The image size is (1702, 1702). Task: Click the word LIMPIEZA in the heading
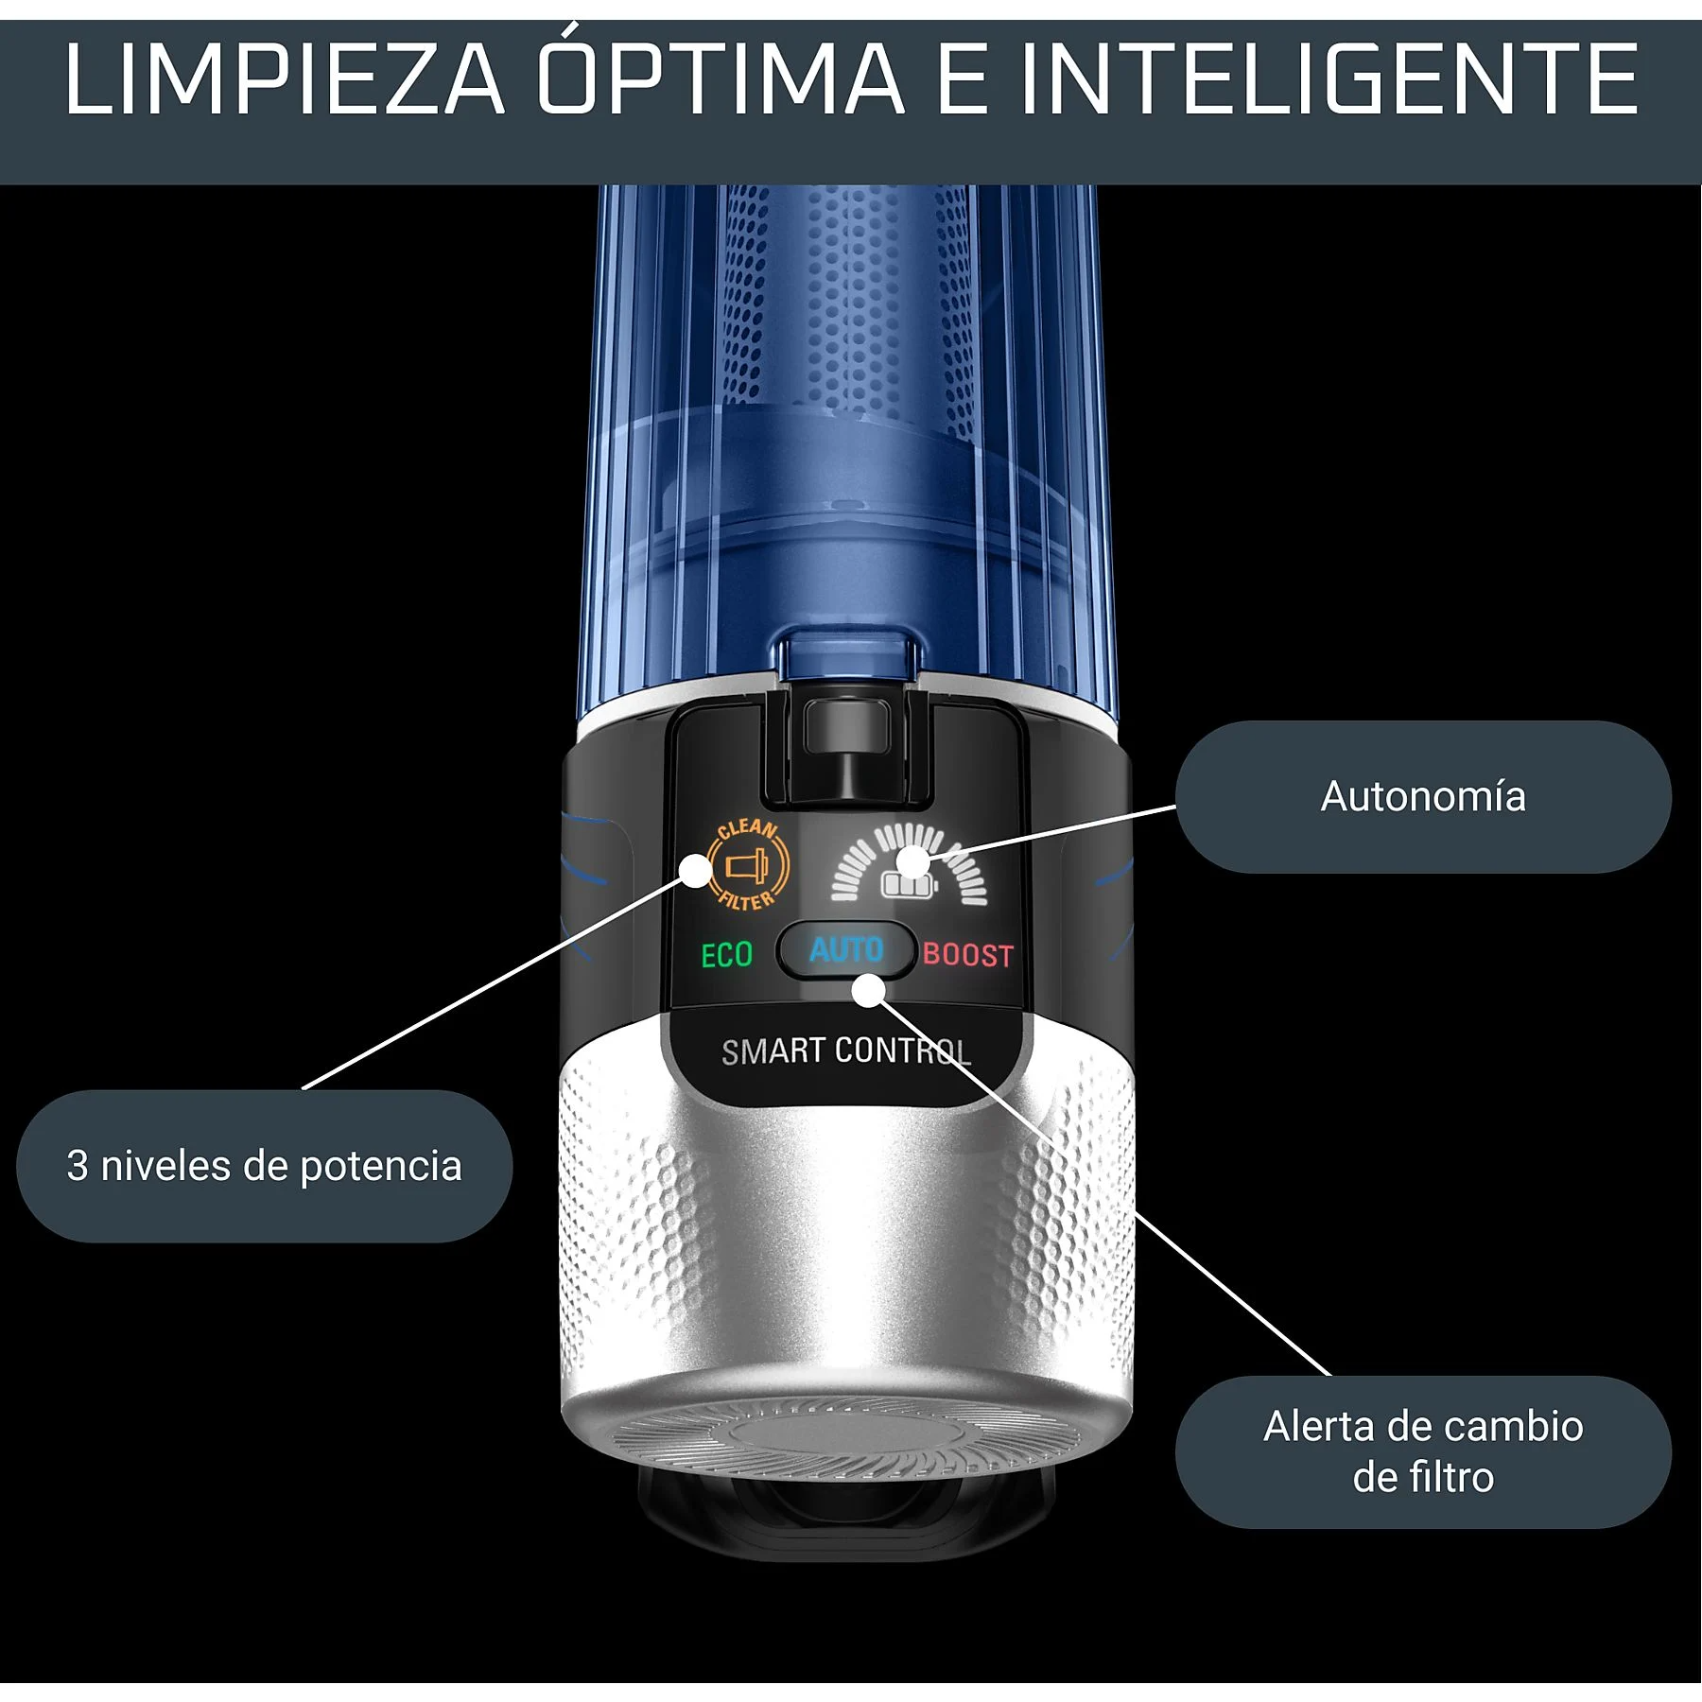pyautogui.click(x=284, y=80)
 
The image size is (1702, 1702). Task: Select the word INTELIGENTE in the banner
pyautogui.click(x=1329, y=80)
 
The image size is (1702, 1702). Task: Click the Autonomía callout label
pyautogui.click(x=1422, y=797)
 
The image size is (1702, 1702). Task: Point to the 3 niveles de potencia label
pyautogui.click(x=264, y=1166)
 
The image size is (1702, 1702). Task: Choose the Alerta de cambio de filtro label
pyautogui.click(x=1422, y=1451)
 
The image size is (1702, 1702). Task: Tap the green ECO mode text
pyautogui.click(x=726, y=955)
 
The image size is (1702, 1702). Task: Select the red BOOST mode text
pyautogui.click(x=967, y=955)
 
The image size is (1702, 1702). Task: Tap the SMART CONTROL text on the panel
pyautogui.click(x=845, y=1051)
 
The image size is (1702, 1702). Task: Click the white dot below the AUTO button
pyautogui.click(x=868, y=991)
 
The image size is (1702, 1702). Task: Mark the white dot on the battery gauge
pyautogui.click(x=912, y=860)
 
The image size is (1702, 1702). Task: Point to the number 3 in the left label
pyautogui.click(x=78, y=1166)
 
